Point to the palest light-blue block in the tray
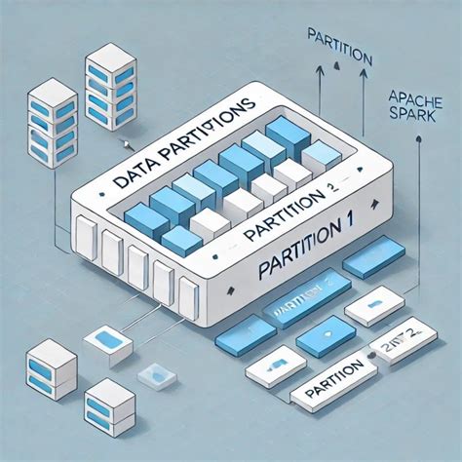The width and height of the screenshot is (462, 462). click(x=321, y=156)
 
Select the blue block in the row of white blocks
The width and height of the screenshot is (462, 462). click(x=181, y=240)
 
